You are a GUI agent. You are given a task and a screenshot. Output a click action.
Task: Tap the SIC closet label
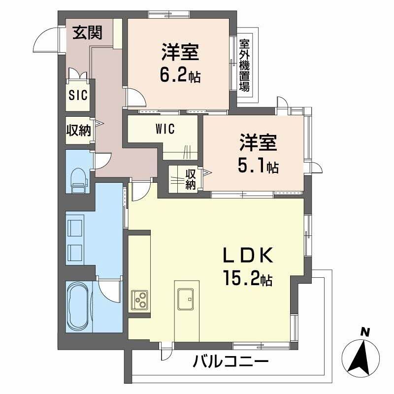(x=78, y=95)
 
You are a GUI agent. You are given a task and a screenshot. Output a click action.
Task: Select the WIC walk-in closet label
(x=165, y=129)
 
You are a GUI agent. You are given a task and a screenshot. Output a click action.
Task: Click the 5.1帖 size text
(x=259, y=167)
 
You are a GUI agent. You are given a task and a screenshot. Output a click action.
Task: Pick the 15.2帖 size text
(x=247, y=279)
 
